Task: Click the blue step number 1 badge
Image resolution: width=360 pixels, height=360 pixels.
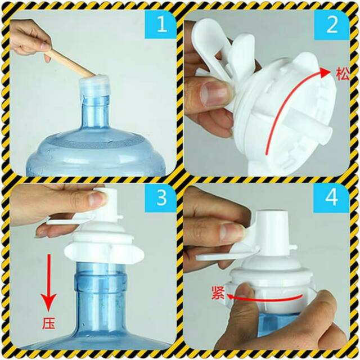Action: [160, 25]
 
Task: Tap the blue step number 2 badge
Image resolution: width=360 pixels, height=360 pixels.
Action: [331, 25]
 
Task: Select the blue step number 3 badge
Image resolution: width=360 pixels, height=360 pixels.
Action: [160, 198]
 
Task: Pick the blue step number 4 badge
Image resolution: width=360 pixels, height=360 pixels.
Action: [331, 198]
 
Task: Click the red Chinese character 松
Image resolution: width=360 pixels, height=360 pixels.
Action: [343, 74]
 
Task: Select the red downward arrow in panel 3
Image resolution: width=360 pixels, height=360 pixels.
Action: [48, 282]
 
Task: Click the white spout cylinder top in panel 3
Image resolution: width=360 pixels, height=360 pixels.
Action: [106, 200]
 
